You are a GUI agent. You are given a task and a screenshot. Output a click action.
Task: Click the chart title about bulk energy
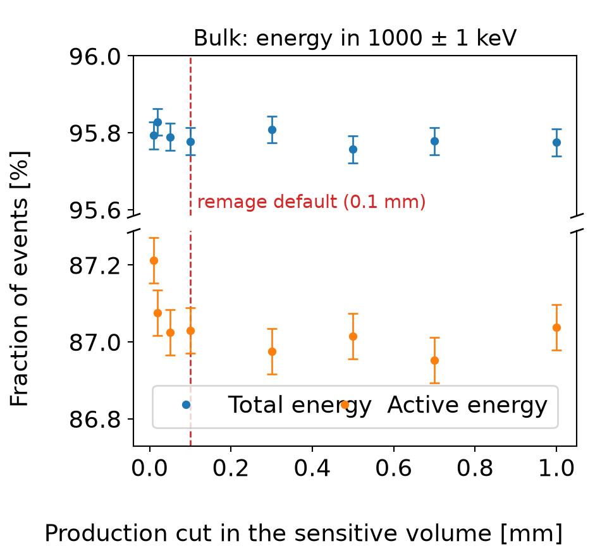355,38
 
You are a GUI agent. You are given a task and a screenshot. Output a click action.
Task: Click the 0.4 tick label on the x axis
312,468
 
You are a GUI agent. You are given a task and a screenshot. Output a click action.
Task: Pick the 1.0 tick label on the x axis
556,468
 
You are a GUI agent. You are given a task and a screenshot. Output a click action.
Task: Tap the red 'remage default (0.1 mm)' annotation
312,202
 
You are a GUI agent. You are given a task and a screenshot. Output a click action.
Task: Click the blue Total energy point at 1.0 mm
556,142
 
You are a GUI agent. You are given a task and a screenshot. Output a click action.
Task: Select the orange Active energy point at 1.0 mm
556,328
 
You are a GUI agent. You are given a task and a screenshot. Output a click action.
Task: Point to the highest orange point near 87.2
154,260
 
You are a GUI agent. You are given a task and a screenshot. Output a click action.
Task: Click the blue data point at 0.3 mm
272,130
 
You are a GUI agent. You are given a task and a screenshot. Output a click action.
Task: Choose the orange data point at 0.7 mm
435,361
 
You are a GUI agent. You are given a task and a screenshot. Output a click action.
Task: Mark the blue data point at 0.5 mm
353,149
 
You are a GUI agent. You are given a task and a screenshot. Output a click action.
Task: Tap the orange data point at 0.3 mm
272,352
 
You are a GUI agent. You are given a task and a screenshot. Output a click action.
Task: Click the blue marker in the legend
186,405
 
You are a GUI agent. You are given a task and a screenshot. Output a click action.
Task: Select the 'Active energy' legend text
467,406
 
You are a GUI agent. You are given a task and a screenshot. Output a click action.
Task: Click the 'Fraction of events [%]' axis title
20,279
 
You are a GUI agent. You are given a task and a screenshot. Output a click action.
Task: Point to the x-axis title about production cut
303,533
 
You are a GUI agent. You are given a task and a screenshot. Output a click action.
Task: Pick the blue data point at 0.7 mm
435,142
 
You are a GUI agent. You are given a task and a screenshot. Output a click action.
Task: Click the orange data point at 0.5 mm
353,337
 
